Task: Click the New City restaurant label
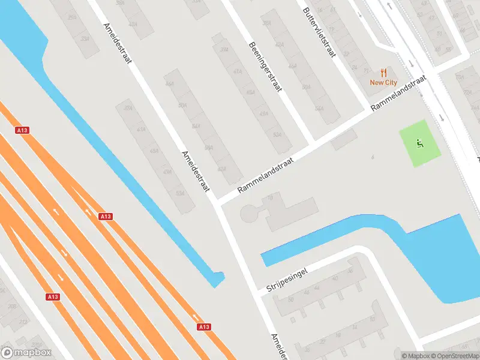click(383, 83)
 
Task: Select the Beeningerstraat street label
click(263, 67)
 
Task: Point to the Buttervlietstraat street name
click(318, 32)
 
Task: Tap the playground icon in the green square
click(419, 143)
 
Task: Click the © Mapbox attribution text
click(416, 356)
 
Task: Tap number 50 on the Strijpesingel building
click(290, 299)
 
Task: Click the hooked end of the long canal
click(218, 279)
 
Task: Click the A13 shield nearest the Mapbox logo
click(52, 296)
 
